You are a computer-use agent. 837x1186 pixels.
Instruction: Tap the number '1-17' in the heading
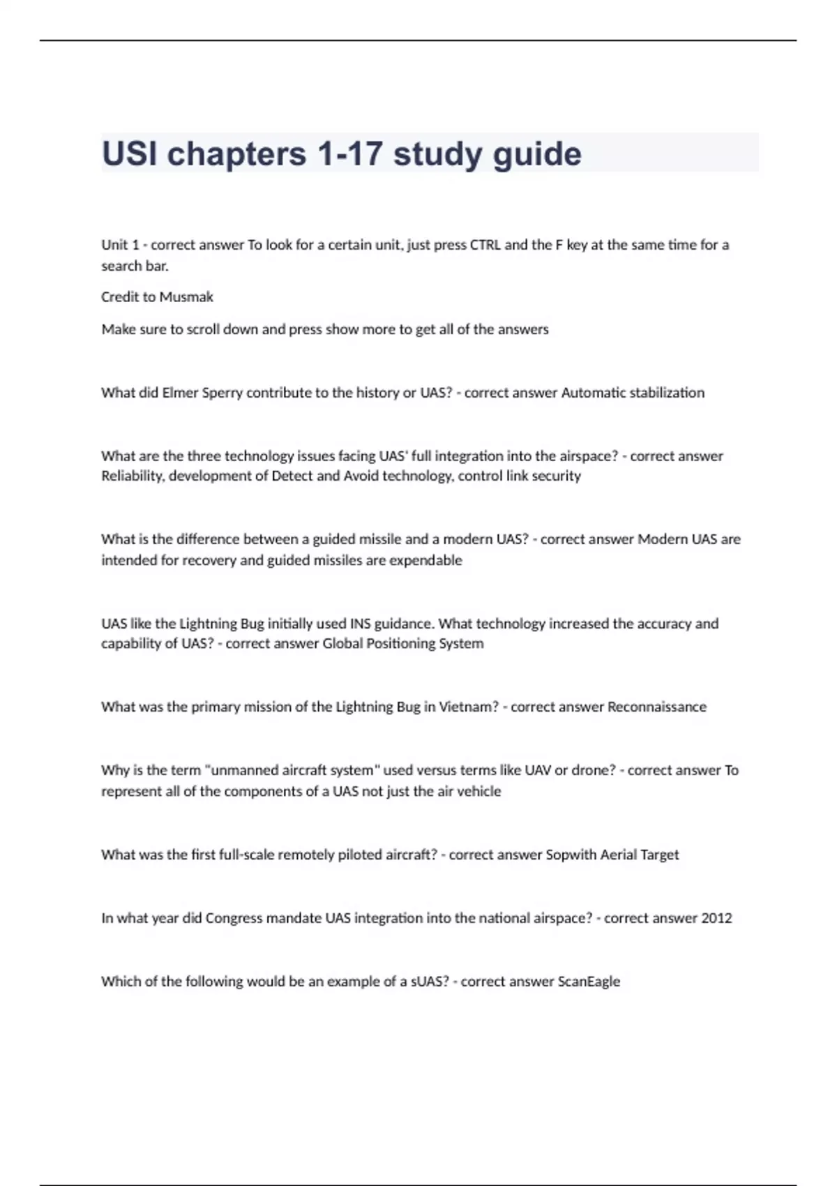pos(345,154)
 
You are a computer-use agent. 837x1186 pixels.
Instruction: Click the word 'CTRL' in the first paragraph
pos(485,245)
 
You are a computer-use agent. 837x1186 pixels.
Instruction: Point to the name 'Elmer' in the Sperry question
pos(180,393)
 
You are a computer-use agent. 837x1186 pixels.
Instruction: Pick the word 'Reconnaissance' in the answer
pos(656,707)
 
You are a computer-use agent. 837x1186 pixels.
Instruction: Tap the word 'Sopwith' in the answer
pos(569,855)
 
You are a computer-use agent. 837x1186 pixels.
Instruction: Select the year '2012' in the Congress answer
pos(716,919)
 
